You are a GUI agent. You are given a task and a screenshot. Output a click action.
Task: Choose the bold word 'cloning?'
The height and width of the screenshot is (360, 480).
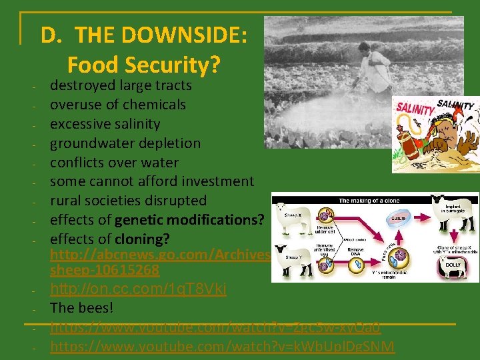tap(142, 239)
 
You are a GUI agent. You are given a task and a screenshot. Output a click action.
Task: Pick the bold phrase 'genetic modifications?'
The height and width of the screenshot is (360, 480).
tap(189, 220)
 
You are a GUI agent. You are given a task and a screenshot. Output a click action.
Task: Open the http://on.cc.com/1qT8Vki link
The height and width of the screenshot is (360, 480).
tap(138, 289)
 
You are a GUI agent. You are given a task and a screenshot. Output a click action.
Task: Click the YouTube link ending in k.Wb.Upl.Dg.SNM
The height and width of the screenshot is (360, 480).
tap(222, 347)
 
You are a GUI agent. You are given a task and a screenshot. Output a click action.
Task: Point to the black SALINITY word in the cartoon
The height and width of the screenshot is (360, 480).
tap(455, 105)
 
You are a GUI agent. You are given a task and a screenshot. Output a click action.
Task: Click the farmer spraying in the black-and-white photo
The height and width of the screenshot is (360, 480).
tap(373, 67)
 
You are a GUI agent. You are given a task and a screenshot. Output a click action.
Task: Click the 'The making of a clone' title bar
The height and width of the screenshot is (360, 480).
tap(375, 200)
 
